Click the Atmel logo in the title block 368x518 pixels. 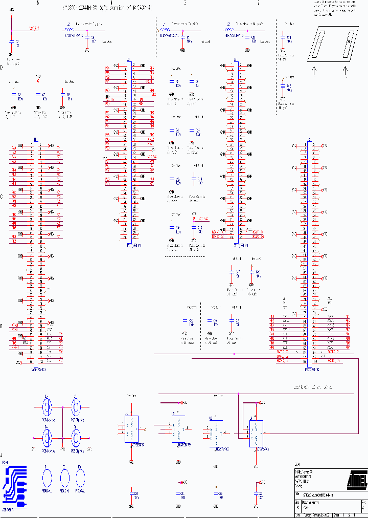point(356,480)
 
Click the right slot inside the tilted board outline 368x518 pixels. point(349,44)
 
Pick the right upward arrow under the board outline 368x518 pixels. point(346,71)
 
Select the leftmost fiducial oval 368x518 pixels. point(47,479)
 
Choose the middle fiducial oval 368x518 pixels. point(64,479)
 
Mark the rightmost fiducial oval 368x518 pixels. point(80,479)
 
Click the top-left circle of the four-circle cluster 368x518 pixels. point(47,408)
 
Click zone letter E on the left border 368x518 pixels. point(2,326)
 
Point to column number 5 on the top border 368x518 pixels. point(38,3)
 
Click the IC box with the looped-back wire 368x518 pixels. point(256,433)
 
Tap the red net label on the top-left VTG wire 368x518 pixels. point(34,28)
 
